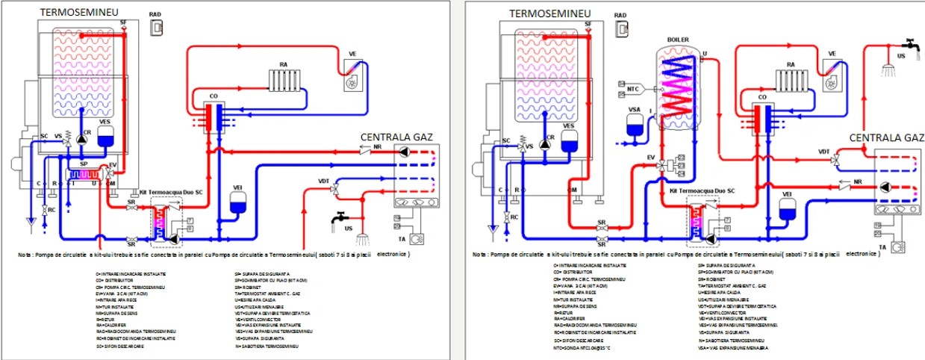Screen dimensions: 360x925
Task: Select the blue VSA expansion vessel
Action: click(637, 127)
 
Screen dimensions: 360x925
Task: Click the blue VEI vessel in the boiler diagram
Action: click(785, 211)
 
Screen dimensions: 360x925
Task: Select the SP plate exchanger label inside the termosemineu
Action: click(84, 162)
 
